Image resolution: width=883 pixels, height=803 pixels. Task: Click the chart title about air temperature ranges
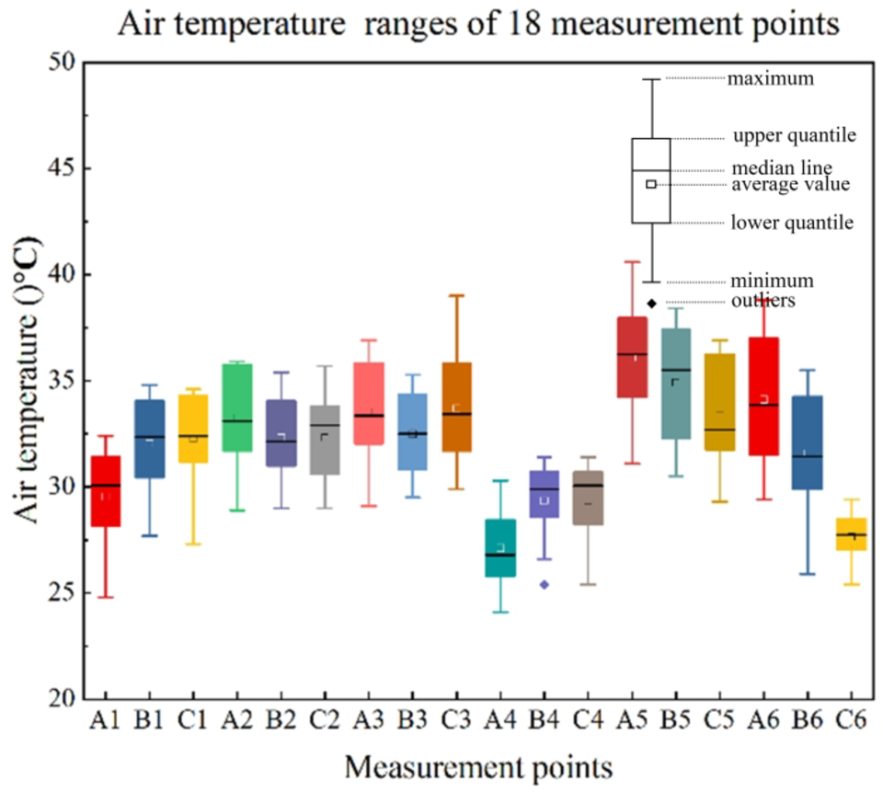(x=477, y=24)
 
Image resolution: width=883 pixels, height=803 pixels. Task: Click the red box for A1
(x=106, y=491)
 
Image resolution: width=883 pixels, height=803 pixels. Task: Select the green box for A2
(x=237, y=407)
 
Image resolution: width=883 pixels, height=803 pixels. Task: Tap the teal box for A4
(x=500, y=548)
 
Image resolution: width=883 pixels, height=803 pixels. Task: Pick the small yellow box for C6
(x=851, y=534)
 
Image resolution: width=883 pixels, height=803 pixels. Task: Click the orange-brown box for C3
(x=456, y=407)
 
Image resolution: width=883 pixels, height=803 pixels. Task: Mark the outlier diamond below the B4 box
(x=545, y=584)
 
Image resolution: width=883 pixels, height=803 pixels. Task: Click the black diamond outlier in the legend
(x=651, y=303)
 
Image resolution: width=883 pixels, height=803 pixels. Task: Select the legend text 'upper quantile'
(x=795, y=136)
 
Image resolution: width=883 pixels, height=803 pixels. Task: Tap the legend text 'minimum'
(x=771, y=281)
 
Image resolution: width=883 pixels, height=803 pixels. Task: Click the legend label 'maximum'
(x=771, y=79)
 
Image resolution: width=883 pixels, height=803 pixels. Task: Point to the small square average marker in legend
(x=651, y=184)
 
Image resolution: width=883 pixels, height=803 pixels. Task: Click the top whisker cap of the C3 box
(x=456, y=295)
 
